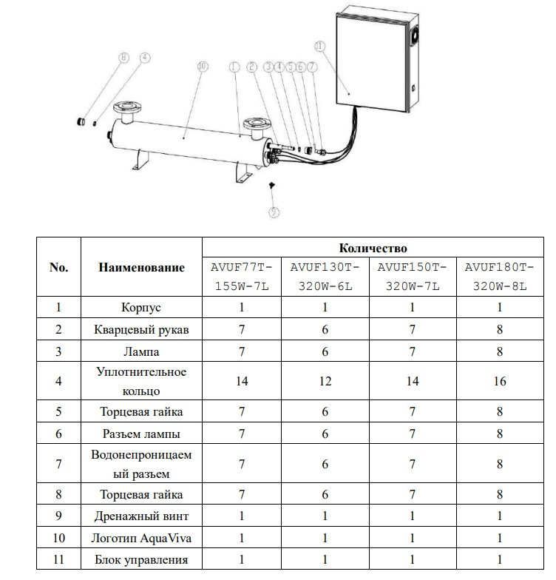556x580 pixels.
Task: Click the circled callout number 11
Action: pos(319,46)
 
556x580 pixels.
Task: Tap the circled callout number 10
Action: pos(202,67)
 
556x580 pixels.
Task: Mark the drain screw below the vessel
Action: pos(272,185)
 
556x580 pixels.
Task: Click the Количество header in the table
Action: pos(373,248)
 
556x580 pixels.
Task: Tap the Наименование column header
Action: pos(141,267)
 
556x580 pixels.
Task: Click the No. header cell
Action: pos(58,267)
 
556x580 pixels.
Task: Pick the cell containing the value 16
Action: pos(500,381)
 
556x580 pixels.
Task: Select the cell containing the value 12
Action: pos(325,381)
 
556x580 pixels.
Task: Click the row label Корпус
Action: pos(141,307)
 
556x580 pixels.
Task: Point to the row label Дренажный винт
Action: pos(141,517)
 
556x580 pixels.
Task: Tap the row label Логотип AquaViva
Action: pos(141,538)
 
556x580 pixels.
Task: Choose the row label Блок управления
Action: pos(141,559)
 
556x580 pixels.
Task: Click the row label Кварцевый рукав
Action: pos(141,329)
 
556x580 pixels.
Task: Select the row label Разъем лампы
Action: pos(141,434)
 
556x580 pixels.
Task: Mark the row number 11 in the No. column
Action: pos(58,559)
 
